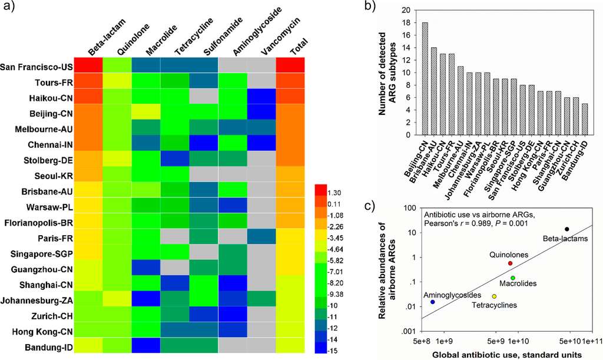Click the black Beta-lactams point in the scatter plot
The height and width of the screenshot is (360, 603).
pos(566,229)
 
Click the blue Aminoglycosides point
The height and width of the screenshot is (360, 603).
pos(433,302)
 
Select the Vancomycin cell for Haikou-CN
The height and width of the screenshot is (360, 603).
pos(260,97)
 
